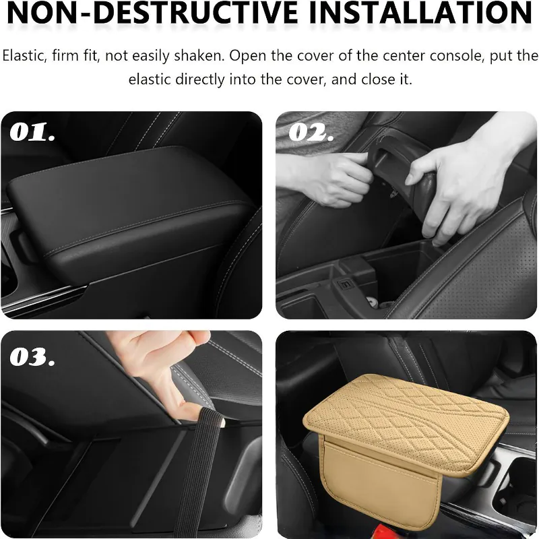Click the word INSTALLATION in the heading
click(x=420, y=12)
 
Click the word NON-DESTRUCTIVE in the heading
click(x=152, y=12)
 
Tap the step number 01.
click(x=32, y=132)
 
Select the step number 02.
click(x=311, y=132)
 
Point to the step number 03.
click(x=32, y=357)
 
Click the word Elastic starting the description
click(x=24, y=56)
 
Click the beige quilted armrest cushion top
click(x=406, y=423)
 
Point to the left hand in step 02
click(x=327, y=179)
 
